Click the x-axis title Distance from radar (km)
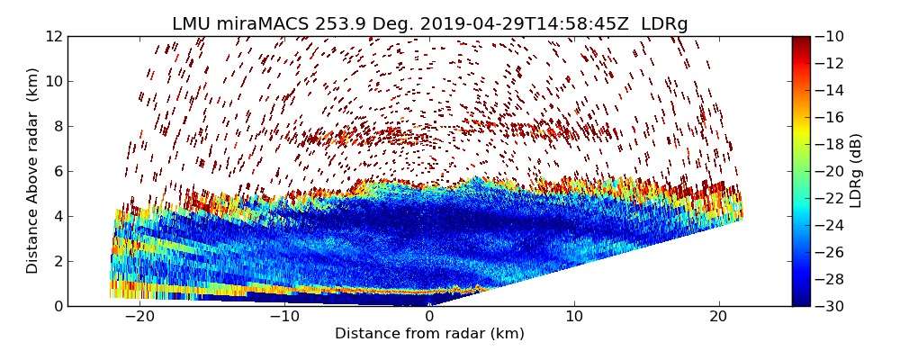coord(429,334)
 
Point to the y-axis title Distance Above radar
coord(33,170)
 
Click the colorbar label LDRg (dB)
coord(856,170)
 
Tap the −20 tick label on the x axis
coord(139,317)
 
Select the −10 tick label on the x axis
coord(284,317)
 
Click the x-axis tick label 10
coord(574,317)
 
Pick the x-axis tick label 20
coord(718,317)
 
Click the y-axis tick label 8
coord(57,126)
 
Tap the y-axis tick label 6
coord(57,171)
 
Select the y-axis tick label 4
coord(57,216)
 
